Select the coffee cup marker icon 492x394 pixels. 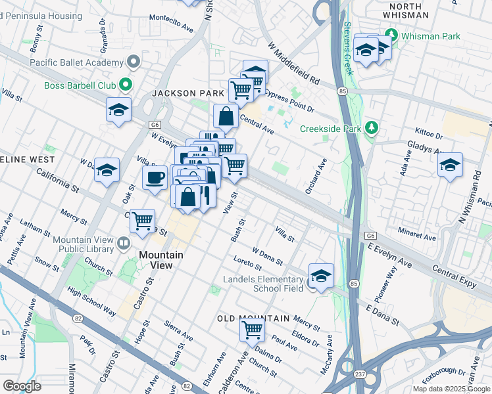(155, 177)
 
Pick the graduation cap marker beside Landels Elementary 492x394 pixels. (321, 276)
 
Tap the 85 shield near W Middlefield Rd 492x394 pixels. (342, 91)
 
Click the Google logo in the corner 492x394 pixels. (22, 385)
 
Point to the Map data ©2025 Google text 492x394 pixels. (451, 389)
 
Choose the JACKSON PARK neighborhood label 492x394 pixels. (188, 94)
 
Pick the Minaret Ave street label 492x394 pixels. (416, 234)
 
